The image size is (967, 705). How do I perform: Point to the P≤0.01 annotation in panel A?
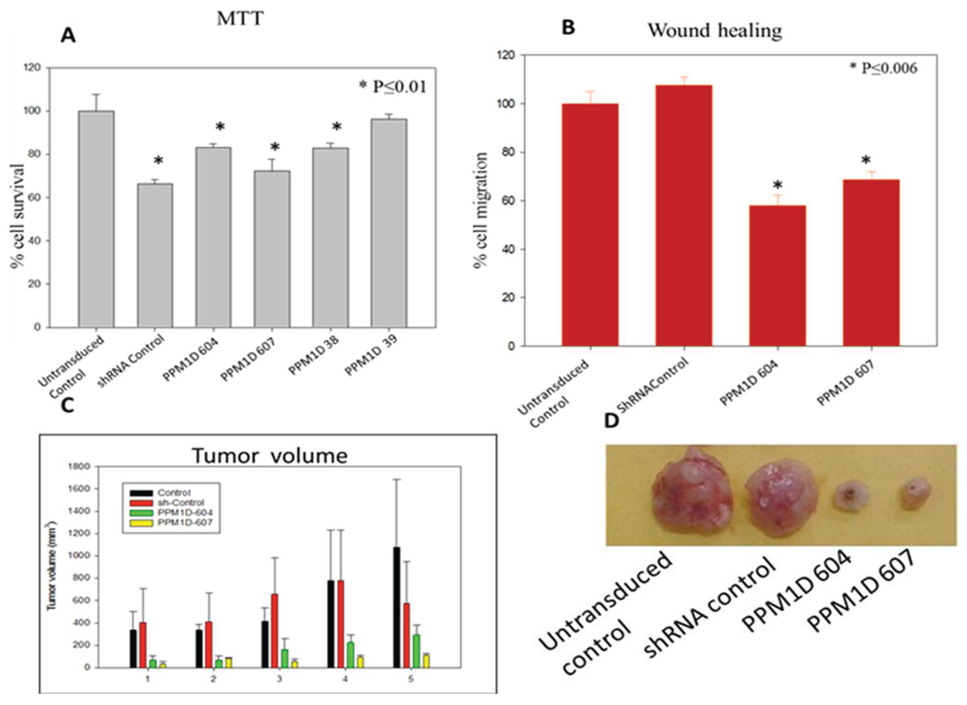(x=393, y=87)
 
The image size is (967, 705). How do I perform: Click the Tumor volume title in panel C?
(x=270, y=456)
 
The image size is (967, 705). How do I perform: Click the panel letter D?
(x=612, y=421)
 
